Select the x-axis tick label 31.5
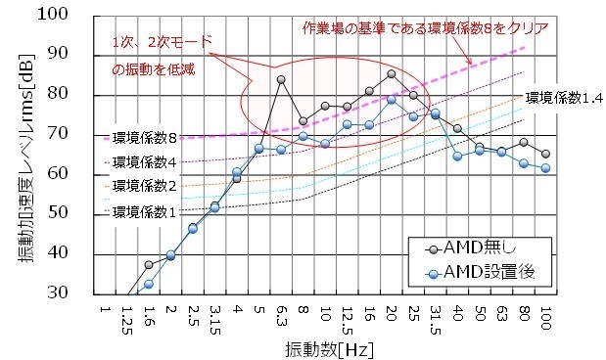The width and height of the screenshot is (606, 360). click(435, 321)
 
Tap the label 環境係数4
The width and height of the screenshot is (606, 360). click(143, 161)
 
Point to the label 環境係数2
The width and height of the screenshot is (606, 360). click(143, 185)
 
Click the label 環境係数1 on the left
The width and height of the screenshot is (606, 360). click(143, 210)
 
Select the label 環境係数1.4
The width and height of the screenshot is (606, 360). click(563, 98)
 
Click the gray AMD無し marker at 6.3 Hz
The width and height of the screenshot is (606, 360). click(281, 80)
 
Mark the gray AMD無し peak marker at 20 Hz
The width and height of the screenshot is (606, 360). click(391, 73)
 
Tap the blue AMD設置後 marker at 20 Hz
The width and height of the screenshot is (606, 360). click(391, 100)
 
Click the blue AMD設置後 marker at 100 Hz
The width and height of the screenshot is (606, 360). click(545, 168)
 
